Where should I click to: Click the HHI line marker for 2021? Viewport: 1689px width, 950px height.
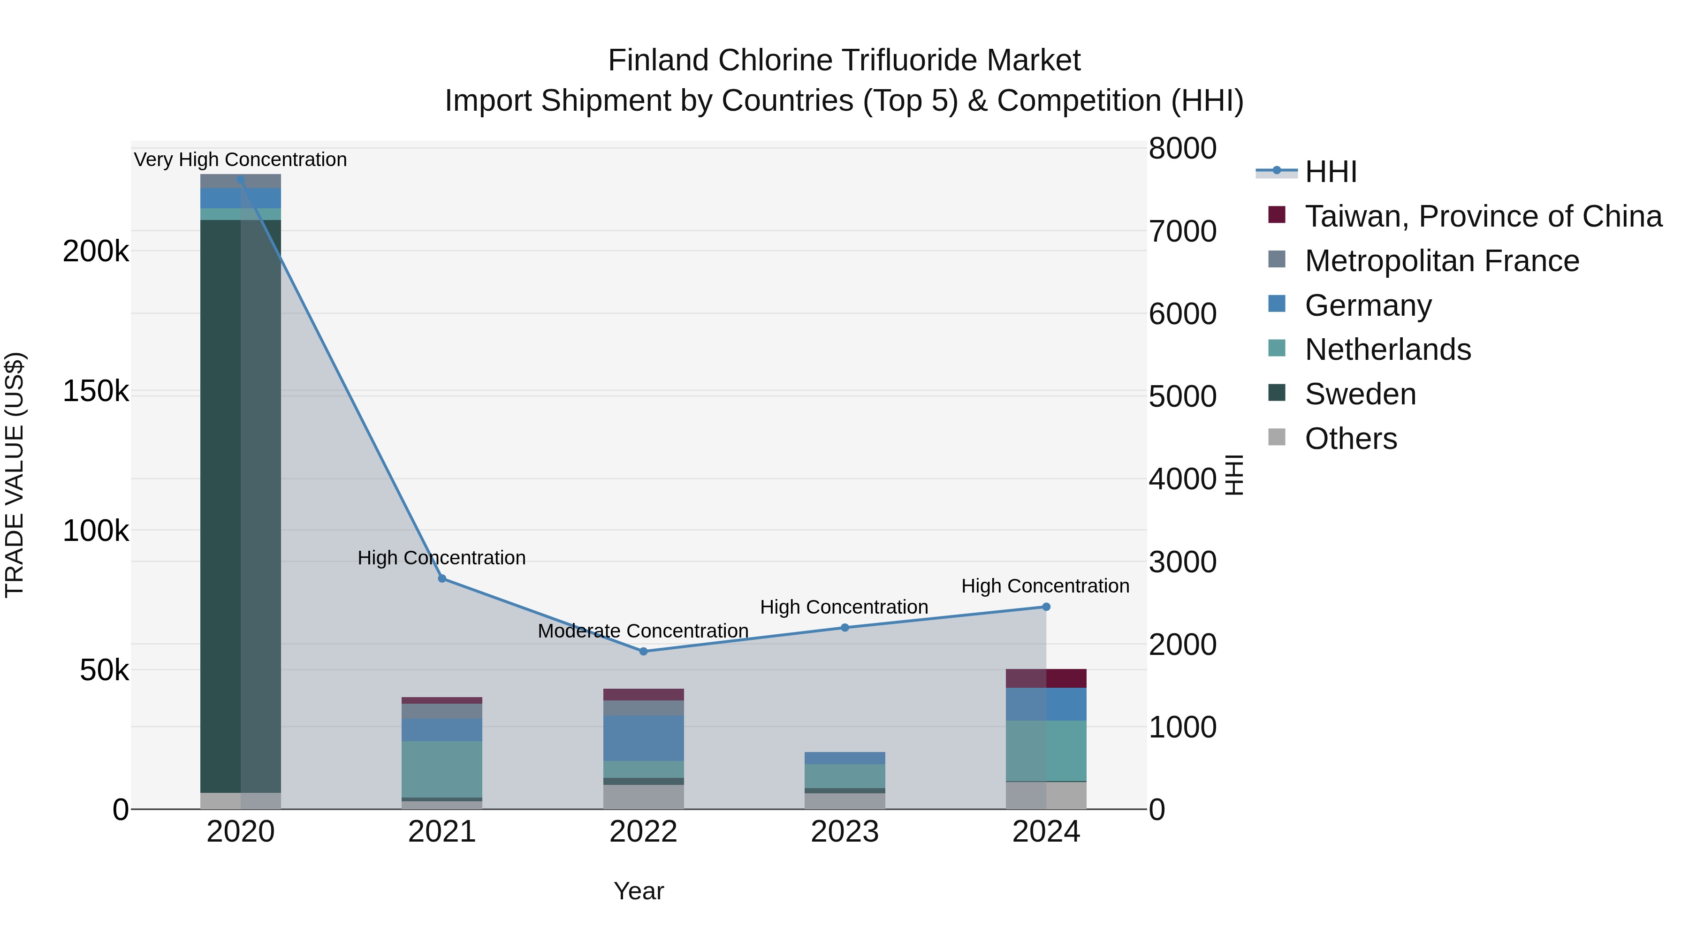(x=442, y=578)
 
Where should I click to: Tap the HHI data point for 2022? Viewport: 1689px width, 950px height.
(x=643, y=651)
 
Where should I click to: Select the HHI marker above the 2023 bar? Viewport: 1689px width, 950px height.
(x=844, y=627)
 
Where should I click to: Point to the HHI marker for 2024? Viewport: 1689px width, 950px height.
(x=1046, y=607)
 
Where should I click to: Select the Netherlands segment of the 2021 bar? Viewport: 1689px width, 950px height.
(x=442, y=768)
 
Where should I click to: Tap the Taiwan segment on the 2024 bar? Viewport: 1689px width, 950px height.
(x=1046, y=678)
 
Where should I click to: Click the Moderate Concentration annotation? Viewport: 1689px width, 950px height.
(x=643, y=631)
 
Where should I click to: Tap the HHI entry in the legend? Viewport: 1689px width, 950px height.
(x=1331, y=172)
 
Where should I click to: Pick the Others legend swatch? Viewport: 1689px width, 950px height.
(x=1277, y=437)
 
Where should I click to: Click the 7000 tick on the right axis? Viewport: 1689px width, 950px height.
(x=1182, y=231)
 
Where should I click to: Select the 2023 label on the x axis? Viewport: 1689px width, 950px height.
(x=844, y=832)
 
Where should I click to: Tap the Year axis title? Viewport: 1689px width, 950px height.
(x=639, y=891)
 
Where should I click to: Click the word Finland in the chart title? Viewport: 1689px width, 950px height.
(x=658, y=61)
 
